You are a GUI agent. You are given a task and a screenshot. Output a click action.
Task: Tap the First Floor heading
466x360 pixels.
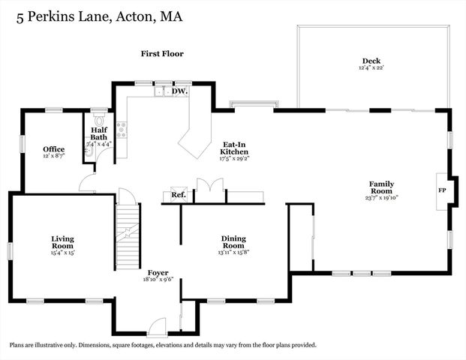tap(162, 54)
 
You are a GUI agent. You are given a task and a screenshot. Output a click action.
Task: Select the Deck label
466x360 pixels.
tap(371, 61)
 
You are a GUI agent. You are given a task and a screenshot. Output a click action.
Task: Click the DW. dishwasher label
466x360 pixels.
tap(179, 91)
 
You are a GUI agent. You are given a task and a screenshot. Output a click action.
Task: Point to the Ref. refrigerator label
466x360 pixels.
tap(178, 195)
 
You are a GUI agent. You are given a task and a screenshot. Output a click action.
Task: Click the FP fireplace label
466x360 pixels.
tap(442, 190)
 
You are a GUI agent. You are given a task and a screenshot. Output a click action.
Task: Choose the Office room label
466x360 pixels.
tap(53, 149)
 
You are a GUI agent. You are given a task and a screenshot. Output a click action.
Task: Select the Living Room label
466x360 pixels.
tap(62, 242)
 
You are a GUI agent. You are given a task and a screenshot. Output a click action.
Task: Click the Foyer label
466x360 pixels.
tap(158, 272)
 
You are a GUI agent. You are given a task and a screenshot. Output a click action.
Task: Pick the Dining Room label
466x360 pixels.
tap(233, 242)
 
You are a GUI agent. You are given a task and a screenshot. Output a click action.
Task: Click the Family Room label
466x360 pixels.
tap(381, 187)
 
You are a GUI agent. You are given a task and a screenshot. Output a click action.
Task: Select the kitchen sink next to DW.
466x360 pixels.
tap(162, 91)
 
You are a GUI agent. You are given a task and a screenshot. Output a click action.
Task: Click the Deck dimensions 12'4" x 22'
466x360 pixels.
tap(371, 68)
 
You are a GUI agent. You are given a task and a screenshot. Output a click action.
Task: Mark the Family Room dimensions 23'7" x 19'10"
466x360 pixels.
tap(381, 198)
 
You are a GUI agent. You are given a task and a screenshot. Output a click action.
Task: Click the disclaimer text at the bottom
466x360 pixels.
tap(163, 345)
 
